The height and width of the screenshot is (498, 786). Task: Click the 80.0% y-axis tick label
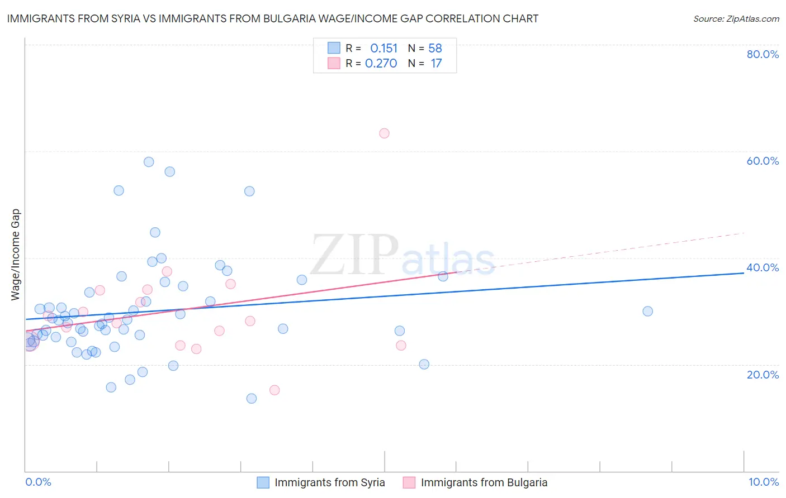[x=763, y=54]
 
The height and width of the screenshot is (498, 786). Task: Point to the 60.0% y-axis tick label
[x=763, y=161]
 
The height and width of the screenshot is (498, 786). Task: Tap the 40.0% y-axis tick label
[x=763, y=267]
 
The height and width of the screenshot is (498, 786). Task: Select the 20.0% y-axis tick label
[x=763, y=375]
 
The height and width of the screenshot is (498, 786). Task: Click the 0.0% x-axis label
[x=38, y=482]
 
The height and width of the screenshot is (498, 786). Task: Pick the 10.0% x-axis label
[x=764, y=482]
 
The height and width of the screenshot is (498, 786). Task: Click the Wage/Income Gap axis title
[x=16, y=255]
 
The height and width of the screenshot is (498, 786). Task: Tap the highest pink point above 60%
[x=384, y=133]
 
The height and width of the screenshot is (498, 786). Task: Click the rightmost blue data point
[x=647, y=312]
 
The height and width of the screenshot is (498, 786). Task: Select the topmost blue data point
[x=149, y=162]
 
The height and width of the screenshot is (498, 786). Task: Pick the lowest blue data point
[x=252, y=399]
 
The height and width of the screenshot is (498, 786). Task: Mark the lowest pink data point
[x=274, y=390]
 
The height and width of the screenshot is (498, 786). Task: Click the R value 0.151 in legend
[x=383, y=49]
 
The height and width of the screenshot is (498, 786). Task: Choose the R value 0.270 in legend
[x=381, y=64]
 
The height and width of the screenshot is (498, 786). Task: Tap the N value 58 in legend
[x=435, y=49]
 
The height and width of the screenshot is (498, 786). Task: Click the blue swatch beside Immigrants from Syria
[x=263, y=482]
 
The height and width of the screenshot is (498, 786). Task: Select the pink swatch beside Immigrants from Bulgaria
[x=409, y=482]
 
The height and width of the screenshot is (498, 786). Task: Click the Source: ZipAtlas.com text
[x=736, y=19]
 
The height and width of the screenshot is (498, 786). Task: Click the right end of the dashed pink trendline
[x=744, y=233]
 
